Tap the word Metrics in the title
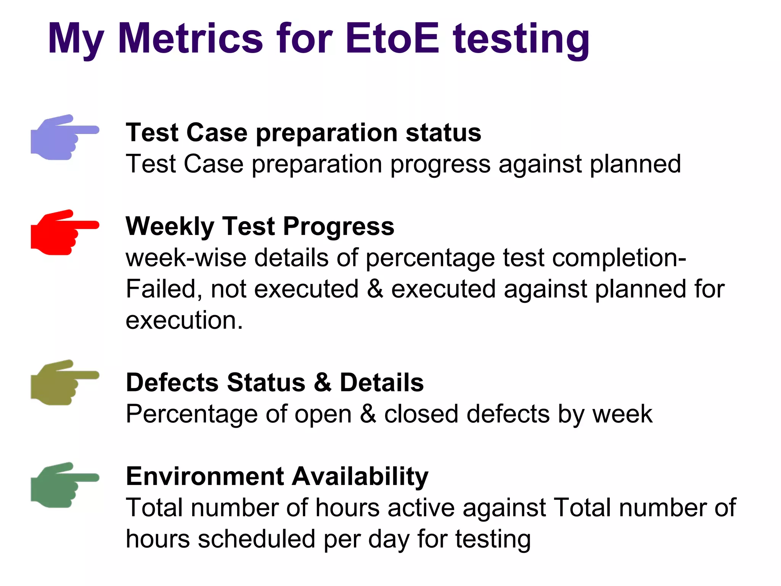(x=191, y=39)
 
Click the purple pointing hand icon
(x=63, y=137)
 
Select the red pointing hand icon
(x=63, y=232)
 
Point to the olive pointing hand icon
(x=63, y=383)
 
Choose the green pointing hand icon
(x=63, y=485)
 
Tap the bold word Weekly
(x=170, y=226)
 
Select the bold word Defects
(x=172, y=382)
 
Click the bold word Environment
(x=205, y=476)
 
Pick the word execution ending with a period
(x=184, y=320)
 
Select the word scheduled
(x=256, y=539)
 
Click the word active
(x=421, y=508)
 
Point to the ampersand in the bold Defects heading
(x=323, y=382)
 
